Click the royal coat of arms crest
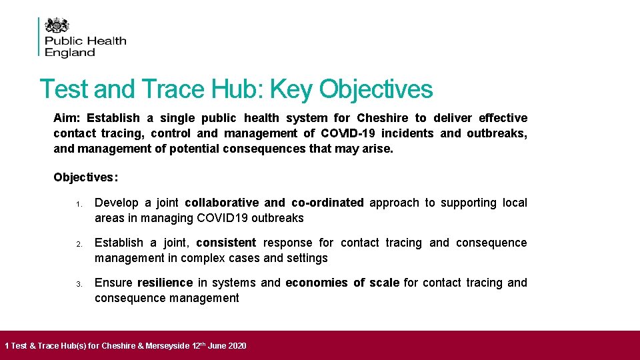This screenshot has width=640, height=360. (57, 25)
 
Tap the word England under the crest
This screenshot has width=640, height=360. (70, 53)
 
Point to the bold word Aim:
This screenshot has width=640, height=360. (67, 118)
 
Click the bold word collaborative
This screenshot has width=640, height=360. (221, 203)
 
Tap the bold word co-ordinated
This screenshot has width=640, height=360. (327, 203)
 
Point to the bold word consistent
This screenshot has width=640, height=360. (226, 243)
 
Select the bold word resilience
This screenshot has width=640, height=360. (165, 283)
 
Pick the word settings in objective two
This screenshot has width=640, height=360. (307, 258)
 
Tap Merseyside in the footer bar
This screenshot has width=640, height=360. (165, 346)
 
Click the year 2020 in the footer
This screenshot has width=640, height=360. (236, 346)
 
